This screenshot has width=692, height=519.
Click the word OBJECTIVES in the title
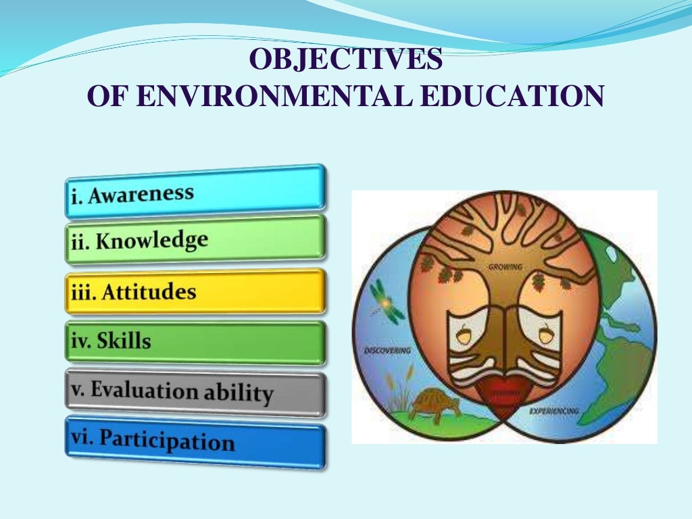[x=345, y=60]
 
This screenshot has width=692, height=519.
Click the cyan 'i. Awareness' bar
[x=195, y=191]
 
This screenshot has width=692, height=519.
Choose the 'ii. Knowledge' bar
[x=195, y=239]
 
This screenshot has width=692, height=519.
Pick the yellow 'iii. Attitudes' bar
[x=195, y=292]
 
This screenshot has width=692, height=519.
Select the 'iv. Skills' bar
[x=195, y=341]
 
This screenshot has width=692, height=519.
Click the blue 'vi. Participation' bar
[x=195, y=442]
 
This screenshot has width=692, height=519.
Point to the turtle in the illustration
[x=435, y=404]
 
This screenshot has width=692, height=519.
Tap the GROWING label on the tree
[x=504, y=268]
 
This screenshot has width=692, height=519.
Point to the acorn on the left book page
[x=464, y=332]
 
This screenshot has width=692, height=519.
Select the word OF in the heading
[x=108, y=96]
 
